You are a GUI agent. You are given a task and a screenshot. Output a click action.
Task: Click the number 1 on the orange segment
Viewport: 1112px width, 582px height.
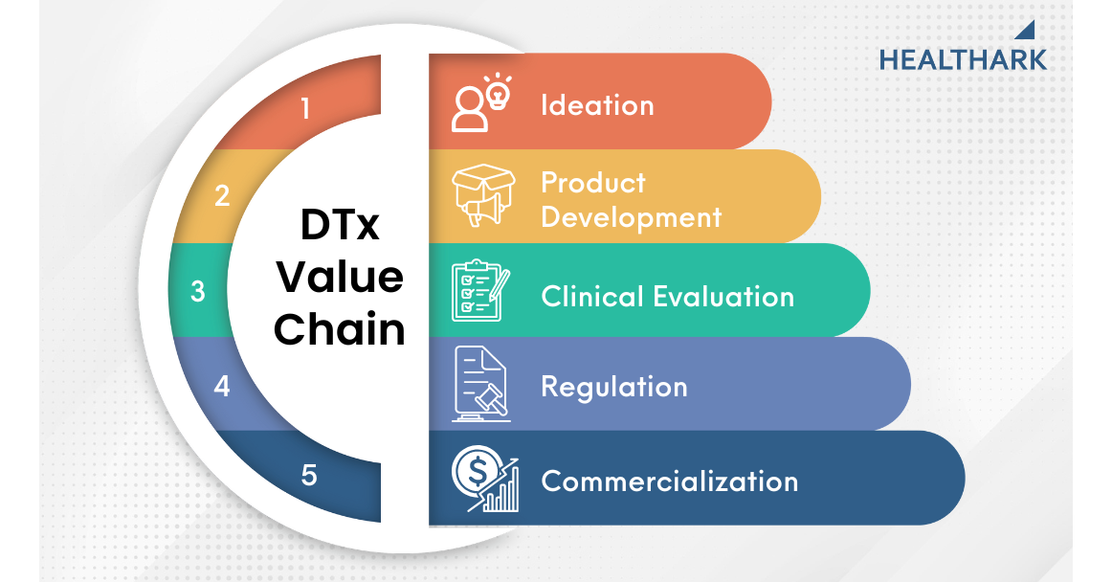pos(305,108)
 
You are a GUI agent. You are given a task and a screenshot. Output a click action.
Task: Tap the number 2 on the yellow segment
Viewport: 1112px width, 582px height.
pos(222,195)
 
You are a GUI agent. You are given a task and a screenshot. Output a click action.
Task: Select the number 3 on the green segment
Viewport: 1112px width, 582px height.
pos(198,291)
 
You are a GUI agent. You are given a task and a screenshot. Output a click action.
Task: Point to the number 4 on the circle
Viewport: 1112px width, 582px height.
pos(222,386)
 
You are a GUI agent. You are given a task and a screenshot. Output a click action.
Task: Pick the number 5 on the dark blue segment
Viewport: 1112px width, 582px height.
pos(308,475)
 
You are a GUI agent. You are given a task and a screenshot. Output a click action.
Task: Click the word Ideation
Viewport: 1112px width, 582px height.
pos(597,105)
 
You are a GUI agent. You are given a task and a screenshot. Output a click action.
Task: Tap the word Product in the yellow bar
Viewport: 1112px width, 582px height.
pos(593,183)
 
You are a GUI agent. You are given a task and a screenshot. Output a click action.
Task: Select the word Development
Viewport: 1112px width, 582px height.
pos(632,217)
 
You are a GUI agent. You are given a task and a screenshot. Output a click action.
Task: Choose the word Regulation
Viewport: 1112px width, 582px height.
pos(614,388)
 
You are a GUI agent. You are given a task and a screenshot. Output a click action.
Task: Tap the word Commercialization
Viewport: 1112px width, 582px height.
pos(670,481)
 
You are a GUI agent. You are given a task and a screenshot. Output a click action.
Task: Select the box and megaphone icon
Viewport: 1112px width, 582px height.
pos(483,194)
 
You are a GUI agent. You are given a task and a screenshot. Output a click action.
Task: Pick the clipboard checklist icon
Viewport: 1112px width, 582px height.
pos(480,290)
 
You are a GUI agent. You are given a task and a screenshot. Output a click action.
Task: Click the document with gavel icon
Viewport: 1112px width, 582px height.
pos(480,384)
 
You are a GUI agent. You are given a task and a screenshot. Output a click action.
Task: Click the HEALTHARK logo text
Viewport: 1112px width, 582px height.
pos(963,60)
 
